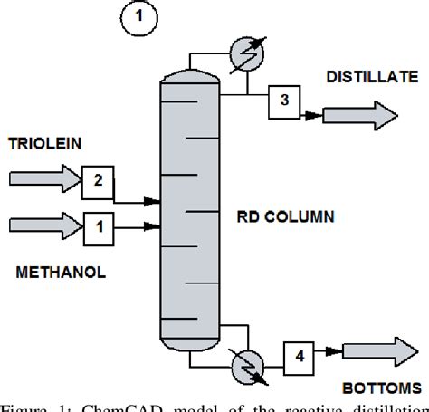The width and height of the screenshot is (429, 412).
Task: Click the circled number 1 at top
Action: [140, 18]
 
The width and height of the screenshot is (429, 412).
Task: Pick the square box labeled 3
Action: [283, 101]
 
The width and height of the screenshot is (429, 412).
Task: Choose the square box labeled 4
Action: [299, 356]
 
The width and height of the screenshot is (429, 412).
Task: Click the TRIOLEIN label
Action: [43, 144]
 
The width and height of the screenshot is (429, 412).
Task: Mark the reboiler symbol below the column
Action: [245, 368]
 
